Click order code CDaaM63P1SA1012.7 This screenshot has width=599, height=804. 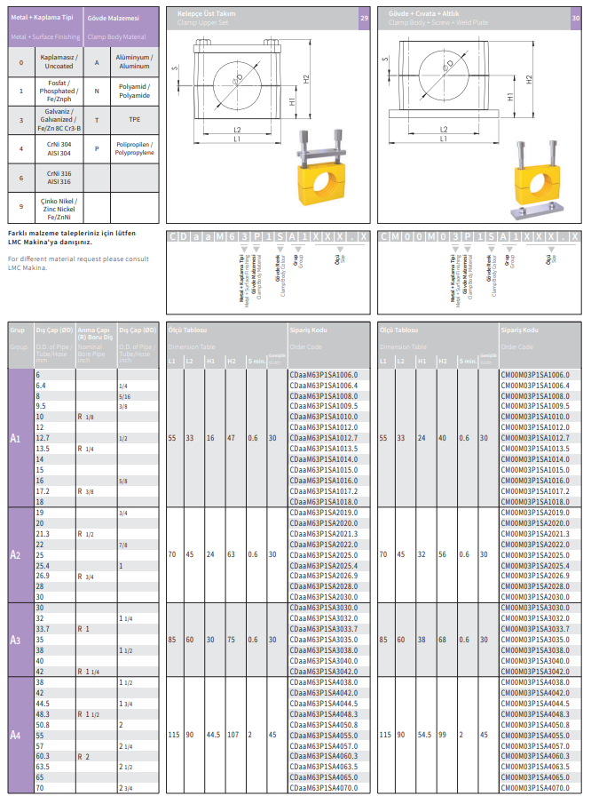pos(323,438)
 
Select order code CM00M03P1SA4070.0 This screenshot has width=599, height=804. pos(534,788)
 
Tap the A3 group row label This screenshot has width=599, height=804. pos(15,640)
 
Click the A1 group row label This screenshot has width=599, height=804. pos(15,438)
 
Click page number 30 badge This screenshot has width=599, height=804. pos(575,18)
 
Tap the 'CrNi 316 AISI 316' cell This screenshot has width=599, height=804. pos(59,178)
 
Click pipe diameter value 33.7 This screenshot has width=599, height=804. pos(43,629)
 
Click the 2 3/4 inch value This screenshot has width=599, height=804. pos(126,788)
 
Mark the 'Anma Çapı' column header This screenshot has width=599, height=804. pos(92,330)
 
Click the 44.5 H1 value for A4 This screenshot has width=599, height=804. pos(212,735)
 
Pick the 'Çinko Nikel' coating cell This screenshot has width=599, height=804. pos(59,210)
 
